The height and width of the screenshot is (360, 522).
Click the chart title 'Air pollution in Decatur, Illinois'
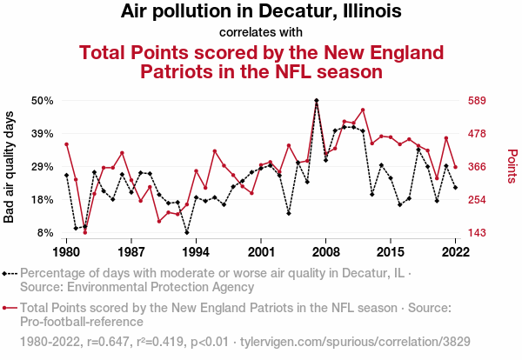point(261,12)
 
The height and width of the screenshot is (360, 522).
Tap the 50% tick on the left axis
point(43,101)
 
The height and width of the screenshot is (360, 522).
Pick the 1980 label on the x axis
point(66,251)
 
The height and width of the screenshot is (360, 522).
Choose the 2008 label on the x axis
point(325,251)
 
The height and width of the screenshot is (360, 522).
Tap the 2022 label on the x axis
point(455,251)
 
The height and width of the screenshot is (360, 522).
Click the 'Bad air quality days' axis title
point(10,167)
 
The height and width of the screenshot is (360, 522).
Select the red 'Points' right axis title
point(512,167)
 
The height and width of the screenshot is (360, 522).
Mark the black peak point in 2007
point(317,101)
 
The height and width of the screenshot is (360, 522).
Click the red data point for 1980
point(66,144)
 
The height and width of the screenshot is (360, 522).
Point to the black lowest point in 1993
point(187,232)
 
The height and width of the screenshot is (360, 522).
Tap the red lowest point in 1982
point(85,232)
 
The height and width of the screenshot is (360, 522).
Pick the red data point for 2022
point(455,167)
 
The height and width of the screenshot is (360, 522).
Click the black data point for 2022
point(455,187)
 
